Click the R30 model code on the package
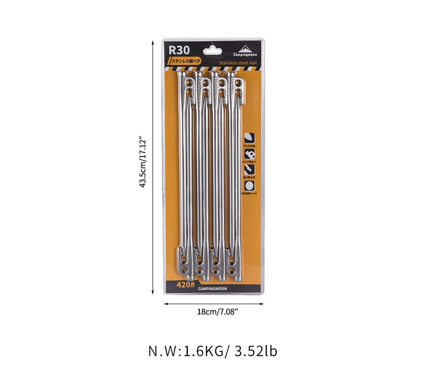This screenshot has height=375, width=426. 180,50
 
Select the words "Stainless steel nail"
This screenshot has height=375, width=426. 238,63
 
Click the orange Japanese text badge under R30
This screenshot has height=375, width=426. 186,61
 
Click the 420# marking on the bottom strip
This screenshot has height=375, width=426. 186,285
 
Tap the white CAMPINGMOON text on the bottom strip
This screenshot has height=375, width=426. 214,288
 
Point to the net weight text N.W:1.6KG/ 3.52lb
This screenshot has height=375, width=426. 213,351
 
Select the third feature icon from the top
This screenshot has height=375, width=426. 250,171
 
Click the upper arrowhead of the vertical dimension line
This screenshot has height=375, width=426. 153,43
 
